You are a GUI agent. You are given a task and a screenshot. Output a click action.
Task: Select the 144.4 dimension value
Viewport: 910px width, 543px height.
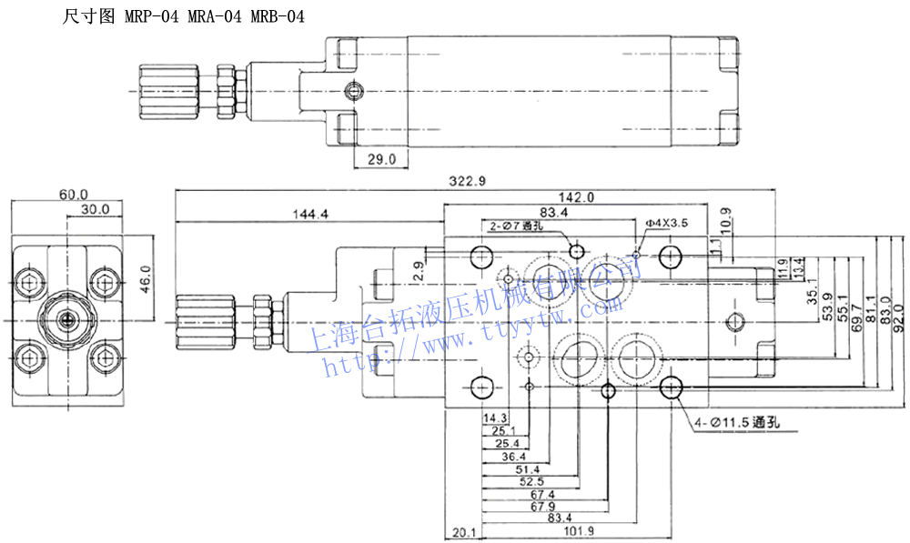310,214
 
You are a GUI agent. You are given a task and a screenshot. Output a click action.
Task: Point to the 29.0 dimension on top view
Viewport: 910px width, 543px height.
381,160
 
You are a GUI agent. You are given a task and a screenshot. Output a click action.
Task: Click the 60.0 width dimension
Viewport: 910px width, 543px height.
73,195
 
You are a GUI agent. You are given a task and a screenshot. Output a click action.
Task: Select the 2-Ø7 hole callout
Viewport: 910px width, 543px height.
516,226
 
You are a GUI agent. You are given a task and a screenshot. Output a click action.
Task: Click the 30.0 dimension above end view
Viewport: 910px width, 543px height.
95,209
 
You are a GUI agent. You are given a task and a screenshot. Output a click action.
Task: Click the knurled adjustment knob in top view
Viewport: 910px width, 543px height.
169,89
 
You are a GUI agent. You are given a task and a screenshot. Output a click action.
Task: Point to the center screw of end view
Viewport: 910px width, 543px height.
66,319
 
